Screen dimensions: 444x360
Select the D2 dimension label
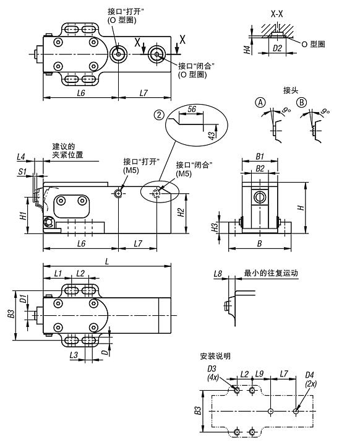pyautogui.click(x=277, y=48)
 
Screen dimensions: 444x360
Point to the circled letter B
pyautogui.click(x=302, y=102)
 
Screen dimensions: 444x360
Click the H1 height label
pyautogui.click(x=22, y=216)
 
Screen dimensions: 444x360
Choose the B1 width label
pyautogui.click(x=260, y=157)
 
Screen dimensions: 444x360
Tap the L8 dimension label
pyautogui.click(x=217, y=272)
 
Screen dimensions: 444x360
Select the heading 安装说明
pyautogui.click(x=215, y=356)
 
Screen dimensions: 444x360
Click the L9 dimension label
pyautogui.click(x=260, y=374)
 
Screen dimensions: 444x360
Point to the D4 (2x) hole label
pyautogui.click(x=311, y=379)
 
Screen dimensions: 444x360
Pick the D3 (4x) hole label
pyautogui.click(x=212, y=373)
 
